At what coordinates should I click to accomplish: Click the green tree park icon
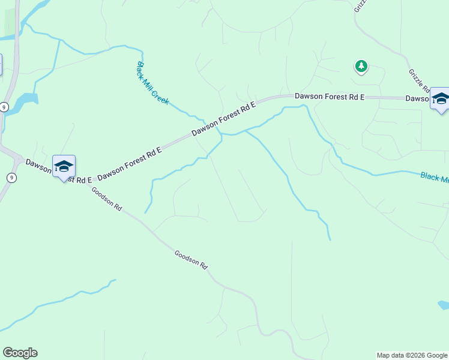tap(361, 66)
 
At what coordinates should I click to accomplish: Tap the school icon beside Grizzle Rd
tap(440, 100)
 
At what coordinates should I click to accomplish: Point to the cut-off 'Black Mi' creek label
tap(434, 177)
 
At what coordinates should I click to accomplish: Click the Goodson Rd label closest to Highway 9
tap(107, 199)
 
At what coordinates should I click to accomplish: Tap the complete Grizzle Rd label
tap(418, 80)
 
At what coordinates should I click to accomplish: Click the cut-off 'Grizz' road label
tap(360, 5)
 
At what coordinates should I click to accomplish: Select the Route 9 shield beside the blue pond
tap(5, 107)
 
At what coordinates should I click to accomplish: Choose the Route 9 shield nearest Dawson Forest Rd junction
tap(11, 177)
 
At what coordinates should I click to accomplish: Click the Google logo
tap(20, 353)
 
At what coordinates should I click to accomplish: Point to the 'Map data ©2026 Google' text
tap(412, 355)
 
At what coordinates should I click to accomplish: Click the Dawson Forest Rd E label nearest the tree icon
tap(330, 97)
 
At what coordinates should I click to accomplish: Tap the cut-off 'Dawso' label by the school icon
tap(418, 98)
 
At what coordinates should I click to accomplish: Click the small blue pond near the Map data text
tap(444, 305)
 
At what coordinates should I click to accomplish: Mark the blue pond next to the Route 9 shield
tap(24, 102)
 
